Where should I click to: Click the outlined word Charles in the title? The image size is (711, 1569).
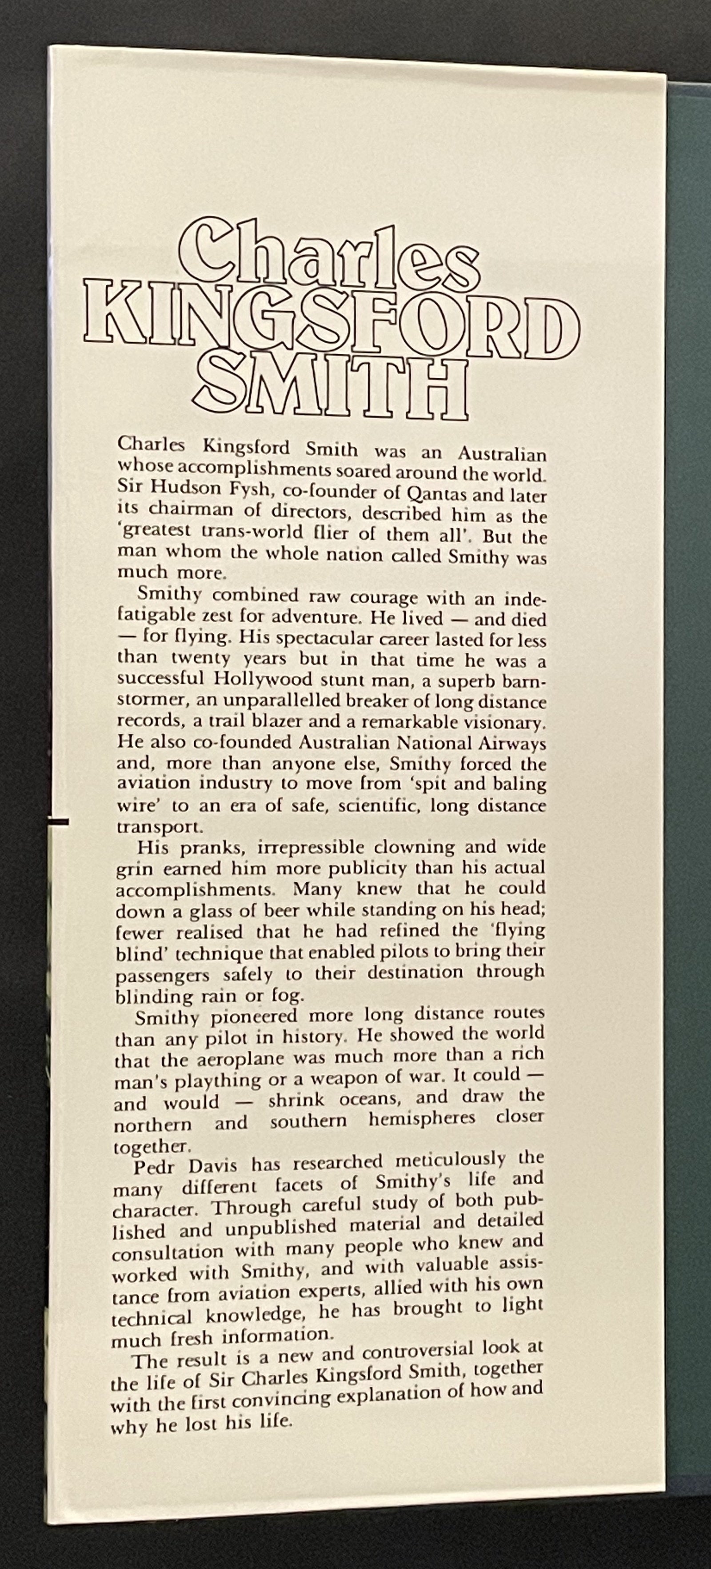pyautogui.click(x=329, y=256)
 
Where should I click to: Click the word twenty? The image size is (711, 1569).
pyautogui.click(x=201, y=659)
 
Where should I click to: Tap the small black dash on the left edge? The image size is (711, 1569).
pyautogui.click(x=57, y=822)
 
